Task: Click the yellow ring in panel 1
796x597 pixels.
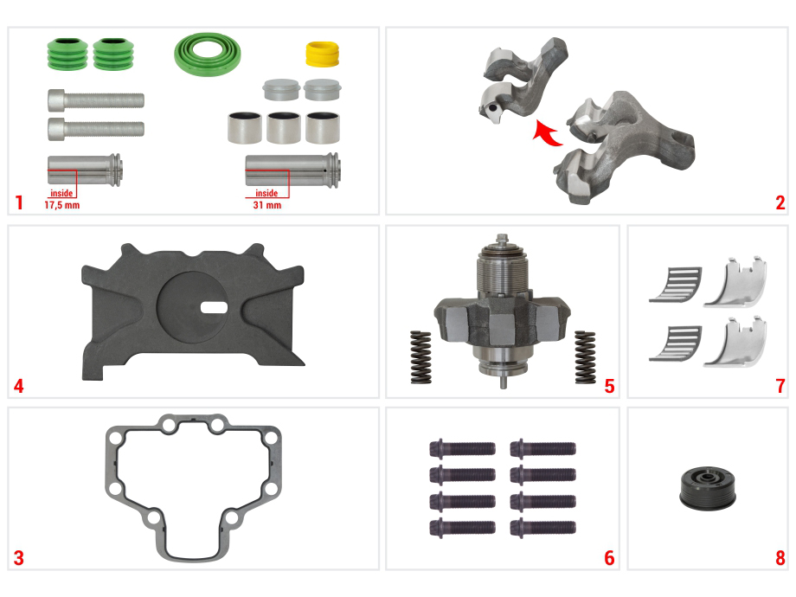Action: pyautogui.click(x=322, y=54)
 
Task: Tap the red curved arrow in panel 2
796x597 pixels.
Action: pyautogui.click(x=547, y=133)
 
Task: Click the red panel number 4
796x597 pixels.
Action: pyautogui.click(x=19, y=387)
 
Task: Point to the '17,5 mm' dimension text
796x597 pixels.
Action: pyautogui.click(x=62, y=205)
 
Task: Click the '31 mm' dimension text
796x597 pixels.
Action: pyautogui.click(x=267, y=205)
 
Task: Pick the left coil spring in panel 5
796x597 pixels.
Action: pyautogui.click(x=420, y=356)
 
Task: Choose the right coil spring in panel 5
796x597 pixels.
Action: pyautogui.click(x=585, y=356)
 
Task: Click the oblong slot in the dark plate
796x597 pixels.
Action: pyautogui.click(x=214, y=307)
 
